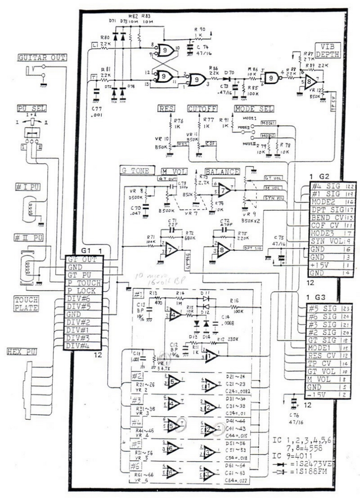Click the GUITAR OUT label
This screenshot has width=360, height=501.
[42, 57]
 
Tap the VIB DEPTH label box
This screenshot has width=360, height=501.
[327, 50]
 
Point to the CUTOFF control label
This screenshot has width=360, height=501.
[203, 109]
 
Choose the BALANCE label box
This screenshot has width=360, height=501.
[222, 172]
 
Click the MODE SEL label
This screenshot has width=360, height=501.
[253, 109]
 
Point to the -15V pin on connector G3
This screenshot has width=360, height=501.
[328, 396]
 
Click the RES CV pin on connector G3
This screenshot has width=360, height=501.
[328, 355]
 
